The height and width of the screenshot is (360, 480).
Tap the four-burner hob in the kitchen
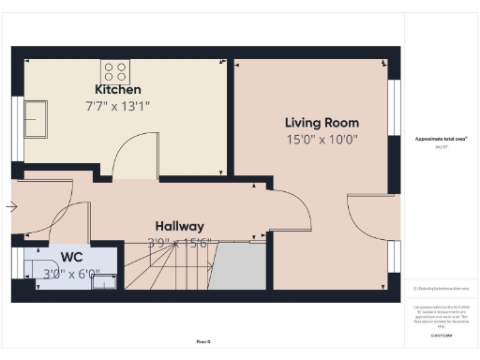(x=115, y=72)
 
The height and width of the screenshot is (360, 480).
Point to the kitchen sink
(x=38, y=119)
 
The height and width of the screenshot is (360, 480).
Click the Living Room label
(x=322, y=123)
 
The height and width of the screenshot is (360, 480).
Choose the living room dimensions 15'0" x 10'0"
(x=322, y=140)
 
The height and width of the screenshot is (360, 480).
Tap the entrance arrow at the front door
(x=10, y=206)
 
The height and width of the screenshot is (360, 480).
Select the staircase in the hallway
(x=178, y=267)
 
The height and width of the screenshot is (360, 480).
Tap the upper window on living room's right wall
(x=395, y=99)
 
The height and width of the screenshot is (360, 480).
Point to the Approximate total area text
(x=441, y=140)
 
